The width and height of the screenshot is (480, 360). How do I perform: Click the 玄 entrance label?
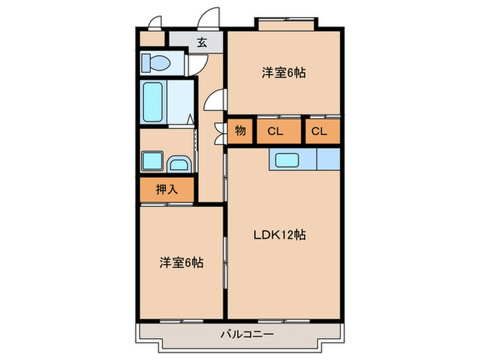202,43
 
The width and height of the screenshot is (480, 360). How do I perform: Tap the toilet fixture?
156,63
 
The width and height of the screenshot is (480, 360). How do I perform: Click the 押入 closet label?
167,189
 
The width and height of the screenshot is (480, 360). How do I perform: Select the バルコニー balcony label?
247,334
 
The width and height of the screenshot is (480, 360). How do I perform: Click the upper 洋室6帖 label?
283,73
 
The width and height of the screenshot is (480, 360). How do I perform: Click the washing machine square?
152,162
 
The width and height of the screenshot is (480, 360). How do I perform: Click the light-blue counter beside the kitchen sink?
328,160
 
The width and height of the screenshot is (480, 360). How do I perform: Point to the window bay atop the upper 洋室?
286,23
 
